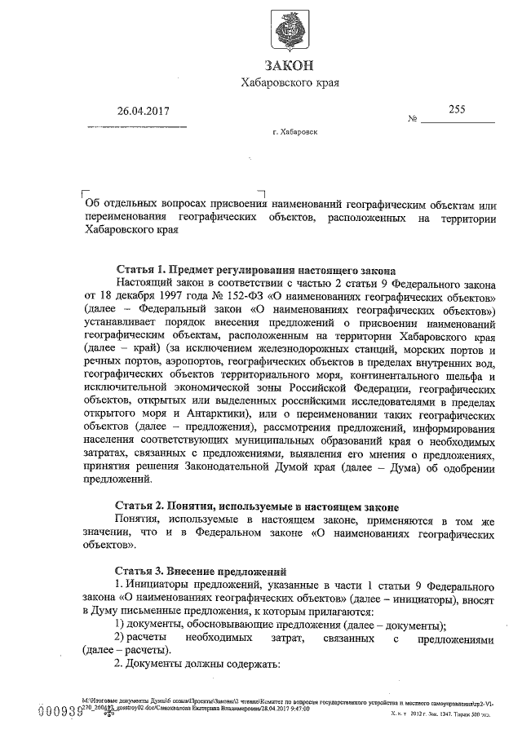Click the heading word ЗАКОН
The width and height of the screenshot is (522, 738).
click(290, 65)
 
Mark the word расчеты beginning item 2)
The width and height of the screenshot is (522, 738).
click(151, 639)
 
